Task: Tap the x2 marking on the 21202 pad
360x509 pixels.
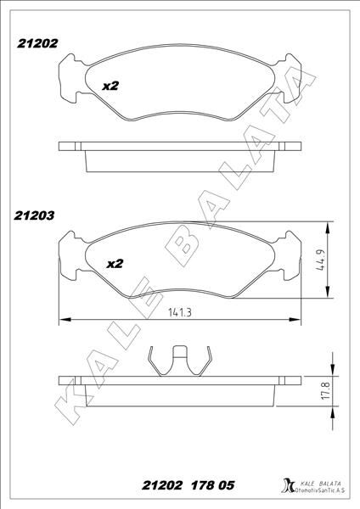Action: [110, 87]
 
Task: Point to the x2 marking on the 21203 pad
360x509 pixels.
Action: [115, 264]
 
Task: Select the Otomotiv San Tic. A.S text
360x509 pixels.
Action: [321, 491]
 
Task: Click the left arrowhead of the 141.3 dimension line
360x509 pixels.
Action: [62, 320]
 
